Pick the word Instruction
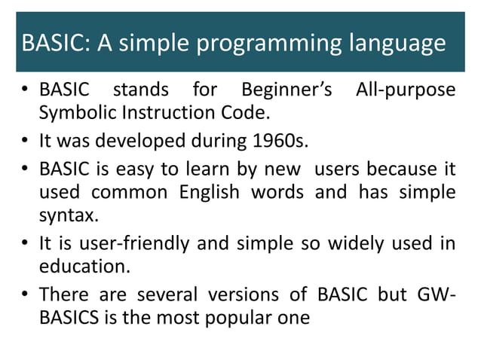tap(169, 114)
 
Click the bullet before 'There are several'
tap(26, 294)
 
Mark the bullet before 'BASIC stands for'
tap(26, 92)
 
